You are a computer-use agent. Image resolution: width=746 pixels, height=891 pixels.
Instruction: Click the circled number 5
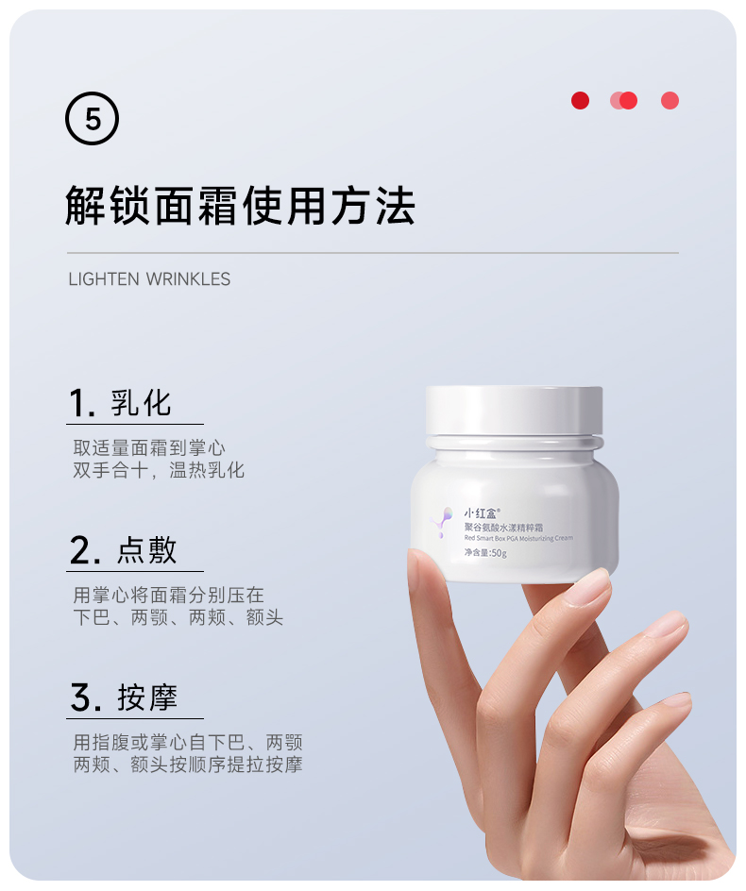point(93,118)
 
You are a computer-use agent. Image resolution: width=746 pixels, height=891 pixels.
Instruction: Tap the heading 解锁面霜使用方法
point(240,206)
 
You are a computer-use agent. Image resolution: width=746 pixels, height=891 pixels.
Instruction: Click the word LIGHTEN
point(104,279)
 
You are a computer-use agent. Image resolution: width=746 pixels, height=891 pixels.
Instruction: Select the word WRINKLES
point(188,279)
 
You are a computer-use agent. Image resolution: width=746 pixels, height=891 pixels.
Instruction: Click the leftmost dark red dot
point(580,101)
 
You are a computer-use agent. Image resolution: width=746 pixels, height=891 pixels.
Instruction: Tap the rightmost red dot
point(670,101)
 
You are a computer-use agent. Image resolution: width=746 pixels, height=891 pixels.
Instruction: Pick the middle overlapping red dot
point(624,101)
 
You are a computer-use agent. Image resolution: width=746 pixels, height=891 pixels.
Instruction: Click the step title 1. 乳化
point(120,403)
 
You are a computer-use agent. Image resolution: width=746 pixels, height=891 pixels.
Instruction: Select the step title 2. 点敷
point(123,550)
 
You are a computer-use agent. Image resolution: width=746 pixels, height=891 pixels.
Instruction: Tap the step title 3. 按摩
point(124,698)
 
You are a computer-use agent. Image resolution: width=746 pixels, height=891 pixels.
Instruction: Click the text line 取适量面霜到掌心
point(149,447)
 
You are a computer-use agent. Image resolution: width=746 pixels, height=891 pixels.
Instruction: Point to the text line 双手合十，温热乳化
point(159,470)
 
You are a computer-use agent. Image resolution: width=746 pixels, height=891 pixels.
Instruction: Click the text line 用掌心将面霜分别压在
point(169,595)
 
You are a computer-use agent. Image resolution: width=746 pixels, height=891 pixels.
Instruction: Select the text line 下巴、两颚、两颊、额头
point(178,617)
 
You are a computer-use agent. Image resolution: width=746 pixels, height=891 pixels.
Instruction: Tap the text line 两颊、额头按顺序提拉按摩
point(188,765)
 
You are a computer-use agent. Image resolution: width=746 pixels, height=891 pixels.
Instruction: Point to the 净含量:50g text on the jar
point(485,553)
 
